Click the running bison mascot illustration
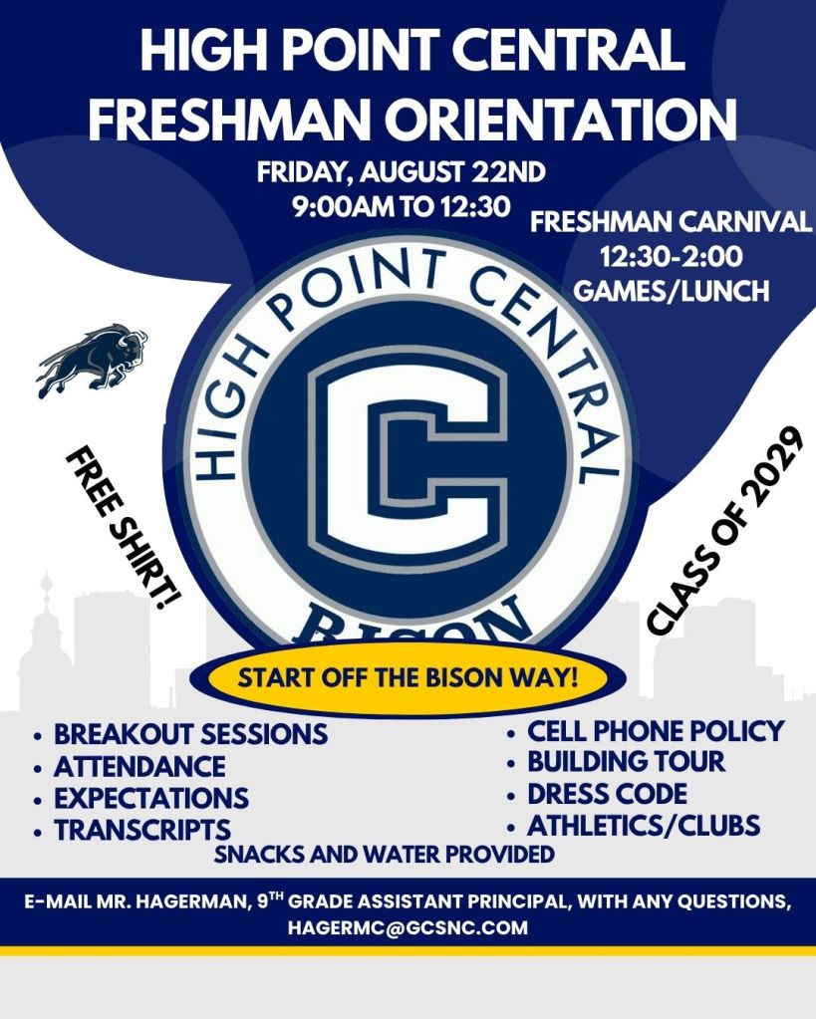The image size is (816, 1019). (91, 360)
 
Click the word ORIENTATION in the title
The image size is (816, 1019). (560, 119)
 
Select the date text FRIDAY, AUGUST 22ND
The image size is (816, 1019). (402, 173)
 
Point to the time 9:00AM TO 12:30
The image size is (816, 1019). (402, 206)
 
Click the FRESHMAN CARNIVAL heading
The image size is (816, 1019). (671, 222)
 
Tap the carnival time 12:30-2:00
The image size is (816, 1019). (671, 257)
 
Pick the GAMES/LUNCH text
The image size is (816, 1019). (671, 291)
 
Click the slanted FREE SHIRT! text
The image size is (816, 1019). (123, 527)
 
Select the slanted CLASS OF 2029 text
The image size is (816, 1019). (721, 531)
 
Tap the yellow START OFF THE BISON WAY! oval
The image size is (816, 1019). (408, 677)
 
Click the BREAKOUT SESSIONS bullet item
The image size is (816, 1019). (190, 734)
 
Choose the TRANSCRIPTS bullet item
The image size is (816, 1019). (142, 830)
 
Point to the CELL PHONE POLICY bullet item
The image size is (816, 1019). (656, 731)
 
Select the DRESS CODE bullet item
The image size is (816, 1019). (607, 794)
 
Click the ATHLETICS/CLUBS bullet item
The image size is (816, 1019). (643, 826)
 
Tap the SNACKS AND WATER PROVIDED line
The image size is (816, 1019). (385, 854)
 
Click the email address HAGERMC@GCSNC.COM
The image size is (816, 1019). (408, 927)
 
